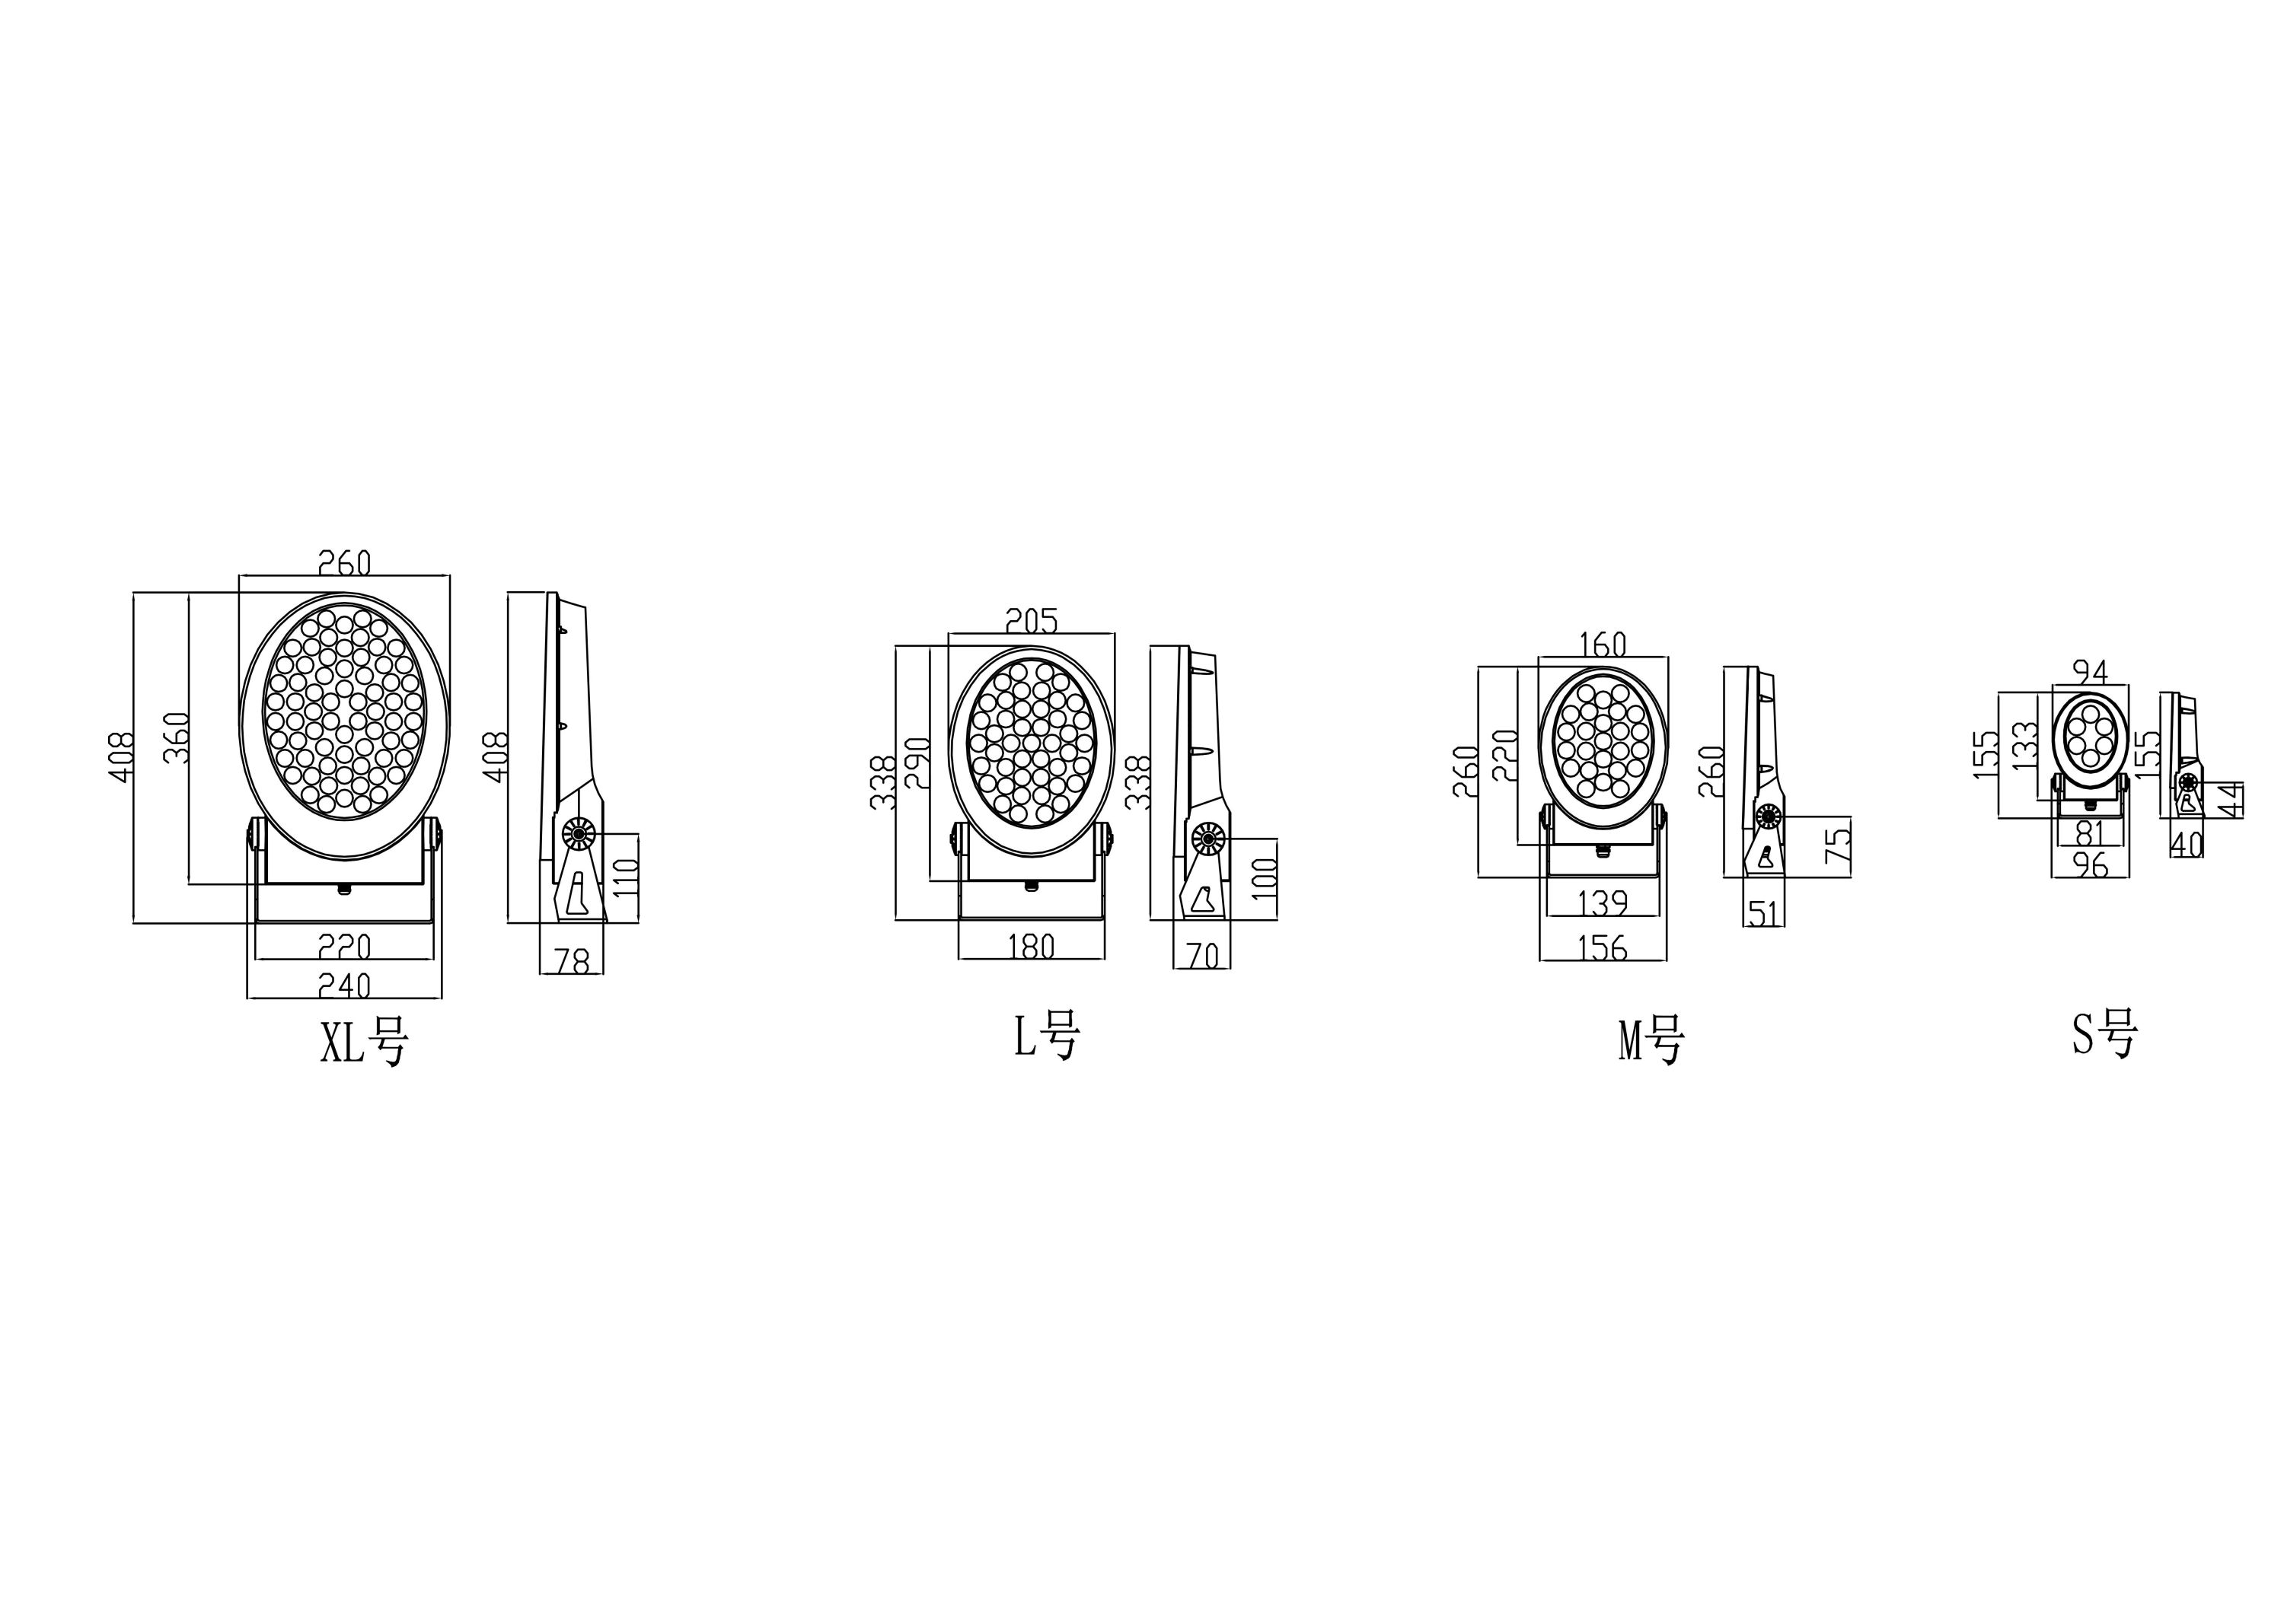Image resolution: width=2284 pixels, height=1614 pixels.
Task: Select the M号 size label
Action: tap(1651, 1041)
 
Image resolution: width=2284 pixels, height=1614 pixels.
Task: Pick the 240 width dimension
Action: tap(344, 985)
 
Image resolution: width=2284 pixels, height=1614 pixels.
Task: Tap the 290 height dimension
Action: tap(917, 762)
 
